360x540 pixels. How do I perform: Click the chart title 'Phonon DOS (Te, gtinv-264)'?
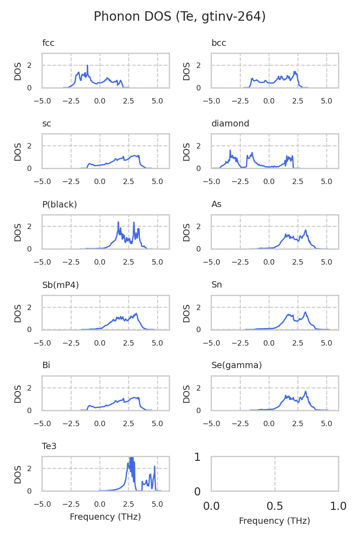pyautogui.click(x=180, y=17)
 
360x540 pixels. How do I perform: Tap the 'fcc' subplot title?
pyautogui.click(x=48, y=43)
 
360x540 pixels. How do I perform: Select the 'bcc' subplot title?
pyautogui.click(x=219, y=43)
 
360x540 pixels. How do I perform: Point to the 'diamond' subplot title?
pyautogui.click(x=230, y=124)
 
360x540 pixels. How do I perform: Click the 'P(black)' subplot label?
pyautogui.click(x=59, y=204)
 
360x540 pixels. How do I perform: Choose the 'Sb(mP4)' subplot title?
pyautogui.click(x=60, y=285)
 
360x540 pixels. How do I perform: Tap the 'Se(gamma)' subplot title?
pyautogui.click(x=236, y=365)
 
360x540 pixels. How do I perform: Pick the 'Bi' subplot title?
pyautogui.click(x=46, y=365)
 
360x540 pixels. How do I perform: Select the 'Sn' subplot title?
pyautogui.click(x=216, y=285)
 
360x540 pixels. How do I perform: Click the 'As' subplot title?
pyautogui.click(x=216, y=204)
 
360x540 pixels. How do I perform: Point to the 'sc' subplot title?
pyautogui.click(x=46, y=124)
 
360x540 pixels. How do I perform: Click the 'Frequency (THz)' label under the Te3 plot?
pyautogui.click(x=105, y=517)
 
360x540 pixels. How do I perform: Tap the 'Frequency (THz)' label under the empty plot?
pyautogui.click(x=274, y=521)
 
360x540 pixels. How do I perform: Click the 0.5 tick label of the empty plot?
pyautogui.click(x=274, y=506)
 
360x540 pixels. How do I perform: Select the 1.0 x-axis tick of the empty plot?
pyautogui.click(x=338, y=506)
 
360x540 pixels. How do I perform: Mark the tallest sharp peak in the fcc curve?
pyautogui.click(x=87, y=66)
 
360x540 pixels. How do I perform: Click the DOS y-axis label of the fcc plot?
pyautogui.click(x=18, y=71)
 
